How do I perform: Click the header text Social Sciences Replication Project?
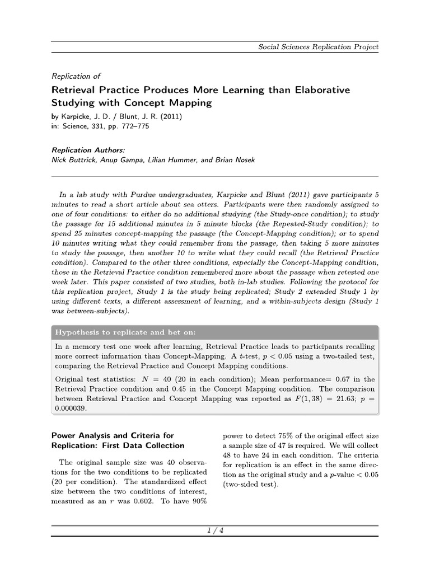(x=318, y=46)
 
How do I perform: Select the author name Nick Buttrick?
(x=74, y=160)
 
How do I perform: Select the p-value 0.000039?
(x=73, y=408)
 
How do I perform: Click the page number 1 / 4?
(x=215, y=530)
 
